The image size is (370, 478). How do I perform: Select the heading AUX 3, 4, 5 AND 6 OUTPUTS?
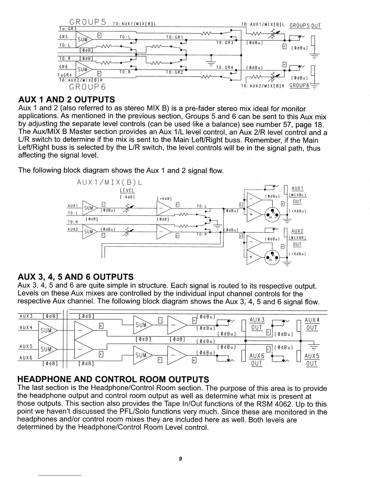click(x=76, y=277)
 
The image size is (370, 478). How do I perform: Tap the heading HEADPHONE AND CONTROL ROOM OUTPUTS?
click(x=113, y=379)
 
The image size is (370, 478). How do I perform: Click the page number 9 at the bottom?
click(x=180, y=459)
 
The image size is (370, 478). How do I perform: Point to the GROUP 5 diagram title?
click(x=88, y=22)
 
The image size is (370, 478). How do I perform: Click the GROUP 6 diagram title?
click(x=87, y=87)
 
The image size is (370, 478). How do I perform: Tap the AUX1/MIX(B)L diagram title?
click(x=109, y=183)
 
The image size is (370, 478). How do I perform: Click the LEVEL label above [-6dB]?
click(x=127, y=190)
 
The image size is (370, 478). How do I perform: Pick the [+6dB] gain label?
click(x=164, y=199)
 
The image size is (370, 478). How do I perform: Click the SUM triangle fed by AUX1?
click(x=89, y=208)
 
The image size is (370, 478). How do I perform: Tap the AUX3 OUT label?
click(x=257, y=324)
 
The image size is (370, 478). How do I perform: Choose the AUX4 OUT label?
click(x=312, y=324)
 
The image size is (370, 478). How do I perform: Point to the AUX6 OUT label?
click(x=257, y=360)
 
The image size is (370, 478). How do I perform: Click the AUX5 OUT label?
click(x=312, y=360)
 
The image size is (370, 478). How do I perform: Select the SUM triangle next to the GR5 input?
click(x=83, y=39)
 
